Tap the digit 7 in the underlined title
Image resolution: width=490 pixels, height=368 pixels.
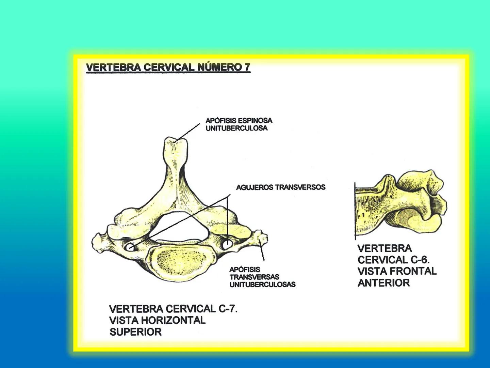click(x=247, y=67)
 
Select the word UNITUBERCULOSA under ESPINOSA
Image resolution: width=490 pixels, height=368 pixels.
click(x=236, y=128)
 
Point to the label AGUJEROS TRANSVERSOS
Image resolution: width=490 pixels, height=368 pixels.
click(x=281, y=187)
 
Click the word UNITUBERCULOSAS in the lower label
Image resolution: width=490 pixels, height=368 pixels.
click(x=262, y=285)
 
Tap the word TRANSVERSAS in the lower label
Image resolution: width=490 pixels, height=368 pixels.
click(x=254, y=277)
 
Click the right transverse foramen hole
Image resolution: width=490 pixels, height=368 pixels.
click(x=227, y=243)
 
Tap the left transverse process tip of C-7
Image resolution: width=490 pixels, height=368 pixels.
click(x=97, y=241)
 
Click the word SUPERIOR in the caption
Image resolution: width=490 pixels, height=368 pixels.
click(x=135, y=332)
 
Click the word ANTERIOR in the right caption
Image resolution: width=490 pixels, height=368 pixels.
click(x=383, y=283)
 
